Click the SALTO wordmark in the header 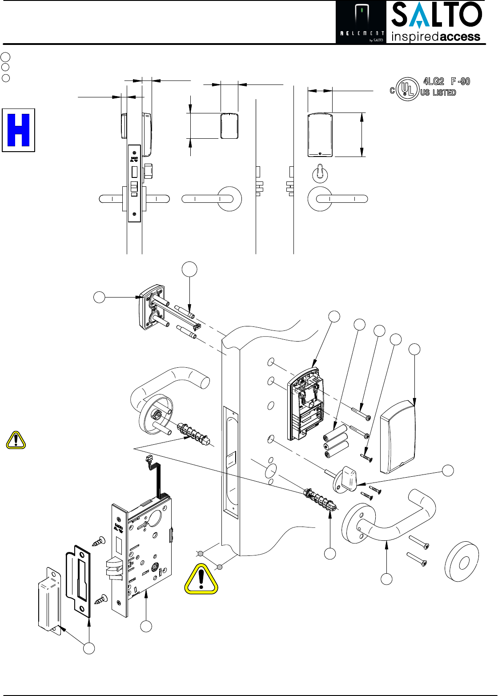click(x=436, y=16)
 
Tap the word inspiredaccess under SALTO click(x=436, y=36)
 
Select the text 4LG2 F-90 click(x=446, y=81)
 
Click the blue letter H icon click(x=19, y=130)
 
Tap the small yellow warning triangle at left click(x=16, y=440)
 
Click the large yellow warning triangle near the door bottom click(x=201, y=579)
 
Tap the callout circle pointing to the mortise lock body click(x=146, y=626)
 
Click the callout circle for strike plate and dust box click(x=89, y=648)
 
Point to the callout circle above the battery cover click(x=414, y=350)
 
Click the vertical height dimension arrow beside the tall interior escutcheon click(x=362, y=135)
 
